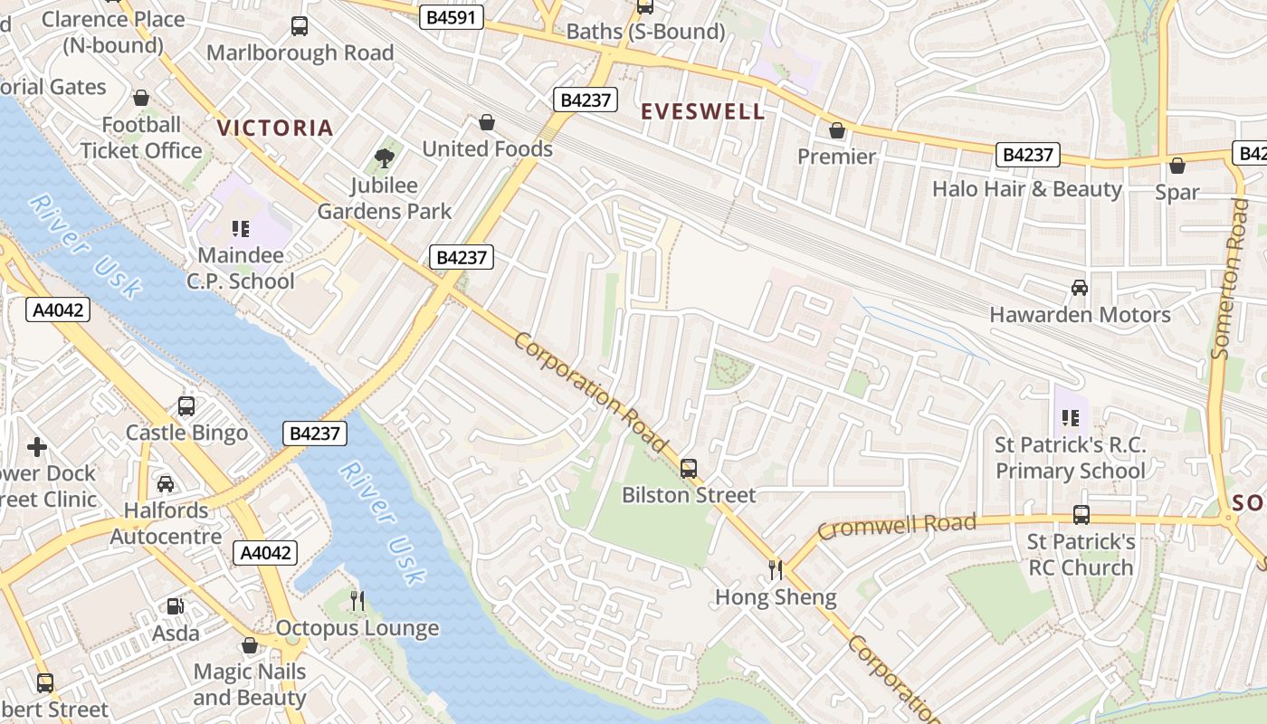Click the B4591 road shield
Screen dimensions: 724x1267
451,17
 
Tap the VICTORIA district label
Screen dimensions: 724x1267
275,129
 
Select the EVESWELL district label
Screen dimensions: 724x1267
702,112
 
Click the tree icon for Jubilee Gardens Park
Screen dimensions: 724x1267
385,158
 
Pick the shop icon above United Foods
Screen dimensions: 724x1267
487,122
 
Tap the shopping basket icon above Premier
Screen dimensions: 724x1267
837,130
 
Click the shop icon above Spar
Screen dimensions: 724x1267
1176,166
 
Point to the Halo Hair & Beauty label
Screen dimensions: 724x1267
1026,189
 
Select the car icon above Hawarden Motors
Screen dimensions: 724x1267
1079,288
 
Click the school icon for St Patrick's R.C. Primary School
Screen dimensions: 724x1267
1071,418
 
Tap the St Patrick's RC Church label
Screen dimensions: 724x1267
1081,555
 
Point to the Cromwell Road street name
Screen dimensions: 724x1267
897,526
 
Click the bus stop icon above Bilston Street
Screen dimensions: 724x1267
689,468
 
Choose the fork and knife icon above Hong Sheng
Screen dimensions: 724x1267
776,569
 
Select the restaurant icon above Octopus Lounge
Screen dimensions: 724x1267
357,600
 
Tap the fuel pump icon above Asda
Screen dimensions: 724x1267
175,606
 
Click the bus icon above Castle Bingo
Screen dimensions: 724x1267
186,406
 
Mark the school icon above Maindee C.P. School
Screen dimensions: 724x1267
240,229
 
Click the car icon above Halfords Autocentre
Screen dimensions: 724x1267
166,484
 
